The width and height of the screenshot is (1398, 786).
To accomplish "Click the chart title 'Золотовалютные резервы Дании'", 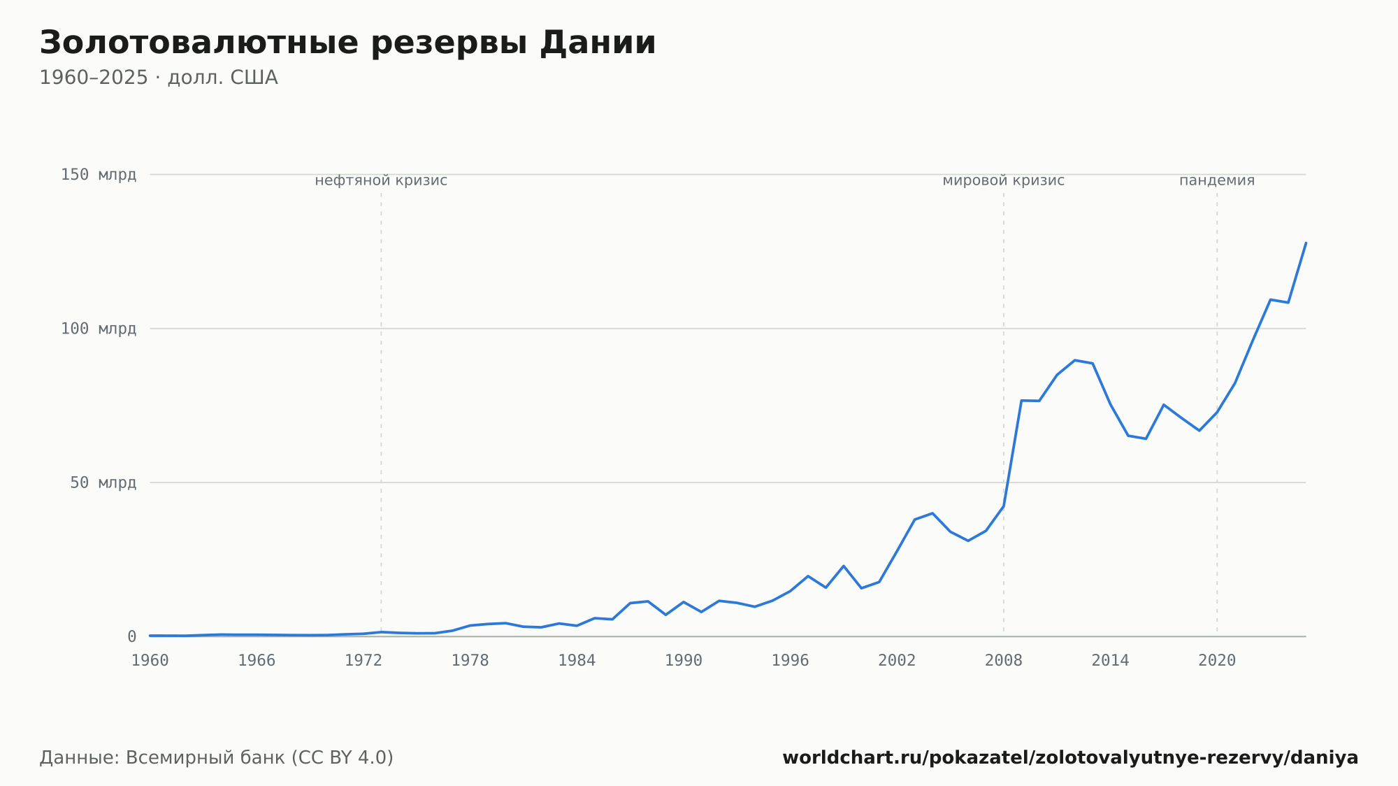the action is pyautogui.click(x=347, y=43).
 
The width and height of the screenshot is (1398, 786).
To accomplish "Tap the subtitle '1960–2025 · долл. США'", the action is pyautogui.click(x=159, y=78).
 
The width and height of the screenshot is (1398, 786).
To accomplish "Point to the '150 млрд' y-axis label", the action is pyautogui.click(x=99, y=175).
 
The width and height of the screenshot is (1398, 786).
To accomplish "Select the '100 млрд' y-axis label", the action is pyautogui.click(x=99, y=329).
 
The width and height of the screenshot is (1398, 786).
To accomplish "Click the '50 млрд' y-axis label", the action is pyautogui.click(x=103, y=483).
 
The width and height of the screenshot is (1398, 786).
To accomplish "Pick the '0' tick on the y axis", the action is pyautogui.click(x=131, y=636).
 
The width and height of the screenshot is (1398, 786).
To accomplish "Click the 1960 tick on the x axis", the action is pyautogui.click(x=150, y=661).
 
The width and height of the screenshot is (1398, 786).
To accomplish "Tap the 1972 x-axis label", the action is pyautogui.click(x=363, y=661).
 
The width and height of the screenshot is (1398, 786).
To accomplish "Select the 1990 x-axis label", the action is pyautogui.click(x=684, y=661).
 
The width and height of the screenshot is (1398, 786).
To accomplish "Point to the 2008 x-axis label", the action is pyautogui.click(x=1004, y=661).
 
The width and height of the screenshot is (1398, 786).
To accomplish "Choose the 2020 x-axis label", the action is pyautogui.click(x=1217, y=661).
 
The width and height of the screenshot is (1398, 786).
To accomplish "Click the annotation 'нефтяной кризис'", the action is pyautogui.click(x=381, y=180).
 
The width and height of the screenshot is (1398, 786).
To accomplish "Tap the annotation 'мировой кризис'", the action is pyautogui.click(x=1004, y=180).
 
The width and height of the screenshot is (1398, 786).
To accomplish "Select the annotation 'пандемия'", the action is pyautogui.click(x=1217, y=180).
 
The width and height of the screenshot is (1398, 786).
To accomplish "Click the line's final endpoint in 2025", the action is pyautogui.click(x=1306, y=243).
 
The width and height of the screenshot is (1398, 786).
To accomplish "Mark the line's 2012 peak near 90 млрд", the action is pyautogui.click(x=1074, y=360).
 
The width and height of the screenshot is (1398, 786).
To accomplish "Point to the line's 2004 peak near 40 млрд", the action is pyautogui.click(x=932, y=513).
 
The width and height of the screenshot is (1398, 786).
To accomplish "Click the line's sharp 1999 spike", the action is pyautogui.click(x=844, y=566).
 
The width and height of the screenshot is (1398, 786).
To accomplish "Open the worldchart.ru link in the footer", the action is pyautogui.click(x=1070, y=758).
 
